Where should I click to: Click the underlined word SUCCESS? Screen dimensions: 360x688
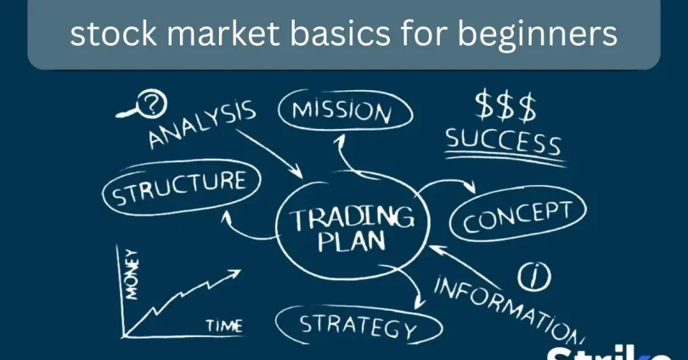[x=503, y=141]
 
